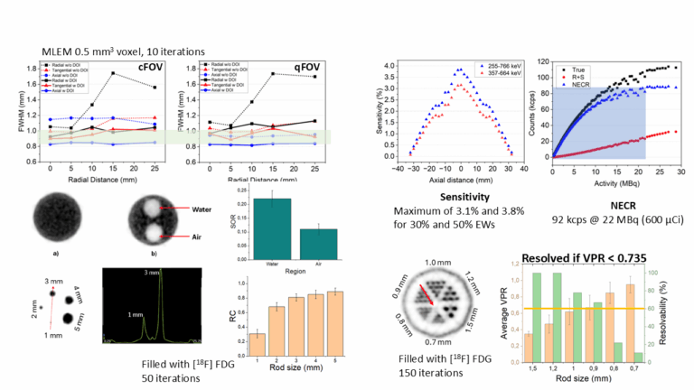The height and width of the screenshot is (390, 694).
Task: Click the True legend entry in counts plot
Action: click(573, 66)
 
